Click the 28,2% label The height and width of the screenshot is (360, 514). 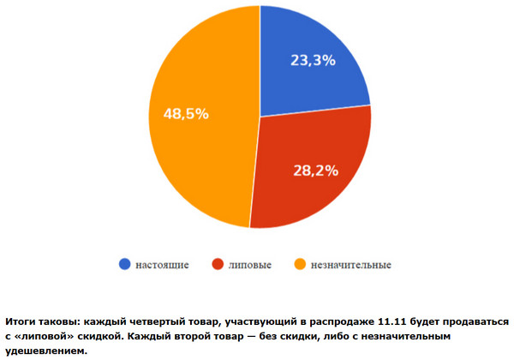314,170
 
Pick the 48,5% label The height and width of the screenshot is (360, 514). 185,114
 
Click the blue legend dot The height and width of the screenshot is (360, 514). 124,265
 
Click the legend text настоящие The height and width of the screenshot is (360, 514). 162,265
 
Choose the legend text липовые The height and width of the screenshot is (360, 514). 248,265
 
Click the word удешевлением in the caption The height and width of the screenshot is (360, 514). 51,351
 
